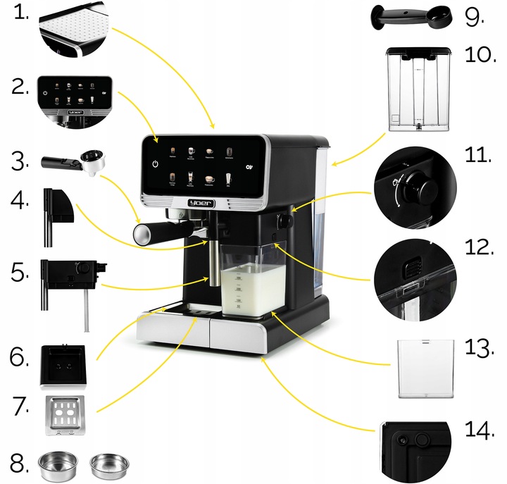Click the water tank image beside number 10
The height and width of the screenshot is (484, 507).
pyautogui.click(x=420, y=90)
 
